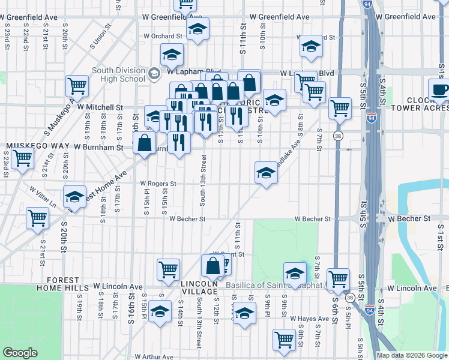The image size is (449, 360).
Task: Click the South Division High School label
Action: tap(118, 74)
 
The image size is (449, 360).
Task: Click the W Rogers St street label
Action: tap(158, 184)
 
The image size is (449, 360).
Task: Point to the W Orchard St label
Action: tap(158, 37)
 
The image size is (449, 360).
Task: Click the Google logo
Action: tap(20, 353)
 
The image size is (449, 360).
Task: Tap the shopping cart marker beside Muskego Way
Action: tap(23, 159)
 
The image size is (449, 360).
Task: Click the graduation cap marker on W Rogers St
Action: tap(266, 173)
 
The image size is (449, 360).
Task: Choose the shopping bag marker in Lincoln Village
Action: tap(212, 266)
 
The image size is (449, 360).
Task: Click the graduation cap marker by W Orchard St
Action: tap(197, 29)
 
